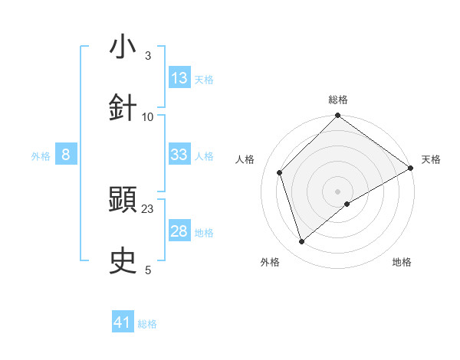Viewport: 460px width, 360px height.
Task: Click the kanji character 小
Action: click(123, 47)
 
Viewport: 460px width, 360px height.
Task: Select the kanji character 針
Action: click(123, 108)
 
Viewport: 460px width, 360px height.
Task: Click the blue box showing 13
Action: click(179, 78)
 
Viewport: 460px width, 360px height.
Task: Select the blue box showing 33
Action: click(179, 155)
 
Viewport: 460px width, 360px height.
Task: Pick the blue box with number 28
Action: click(179, 231)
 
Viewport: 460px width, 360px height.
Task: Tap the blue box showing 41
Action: click(123, 322)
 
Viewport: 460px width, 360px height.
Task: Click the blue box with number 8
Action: click(66, 155)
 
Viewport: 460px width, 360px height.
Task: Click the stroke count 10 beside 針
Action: click(148, 116)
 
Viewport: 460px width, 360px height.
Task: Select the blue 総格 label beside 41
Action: click(147, 324)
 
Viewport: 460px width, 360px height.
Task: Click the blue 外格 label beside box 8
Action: click(41, 156)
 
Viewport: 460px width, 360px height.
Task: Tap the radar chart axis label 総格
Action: click(338, 100)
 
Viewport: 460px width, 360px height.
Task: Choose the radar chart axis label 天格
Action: click(431, 159)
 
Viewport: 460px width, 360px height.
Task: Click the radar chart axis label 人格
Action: click(245, 159)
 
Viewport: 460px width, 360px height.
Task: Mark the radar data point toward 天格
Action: click(411, 168)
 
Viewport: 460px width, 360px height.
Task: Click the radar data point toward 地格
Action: click(347, 204)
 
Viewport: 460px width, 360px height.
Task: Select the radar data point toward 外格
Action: click(301, 241)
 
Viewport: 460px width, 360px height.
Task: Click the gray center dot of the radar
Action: click(338, 191)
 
